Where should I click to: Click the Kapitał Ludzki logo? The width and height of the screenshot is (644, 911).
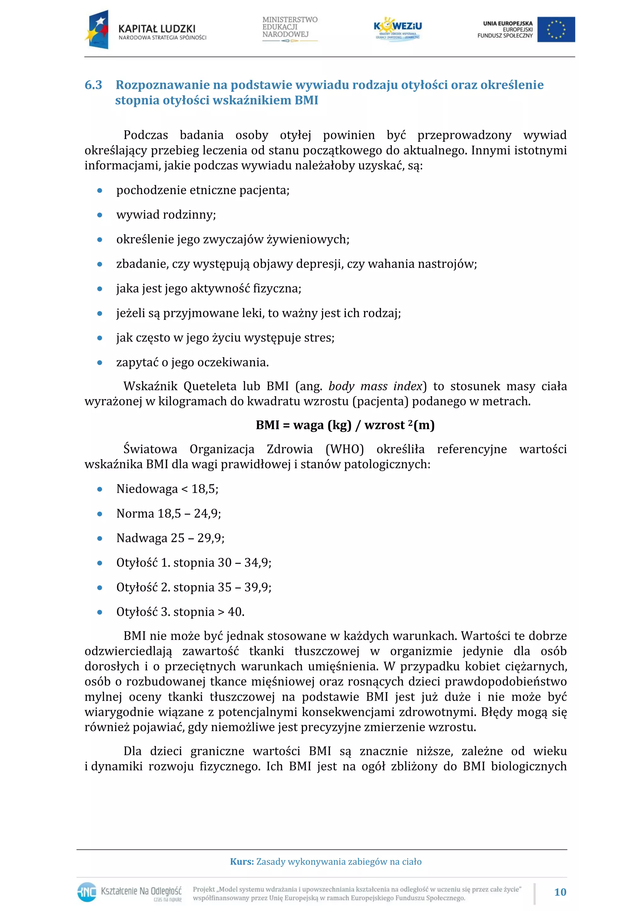pyautogui.click(x=145, y=30)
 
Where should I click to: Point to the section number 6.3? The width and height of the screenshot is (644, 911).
pyautogui.click(x=93, y=85)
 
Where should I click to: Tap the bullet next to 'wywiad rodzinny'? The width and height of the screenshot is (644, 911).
pyautogui.click(x=100, y=215)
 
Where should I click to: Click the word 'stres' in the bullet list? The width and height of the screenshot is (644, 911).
pyautogui.click(x=319, y=338)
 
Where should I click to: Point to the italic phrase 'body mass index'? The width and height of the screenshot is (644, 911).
pyautogui.click(x=375, y=386)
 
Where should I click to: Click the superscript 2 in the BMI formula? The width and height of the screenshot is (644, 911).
pyautogui.click(x=411, y=422)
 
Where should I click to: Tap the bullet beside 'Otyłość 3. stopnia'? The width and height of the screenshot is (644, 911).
pyautogui.click(x=100, y=612)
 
